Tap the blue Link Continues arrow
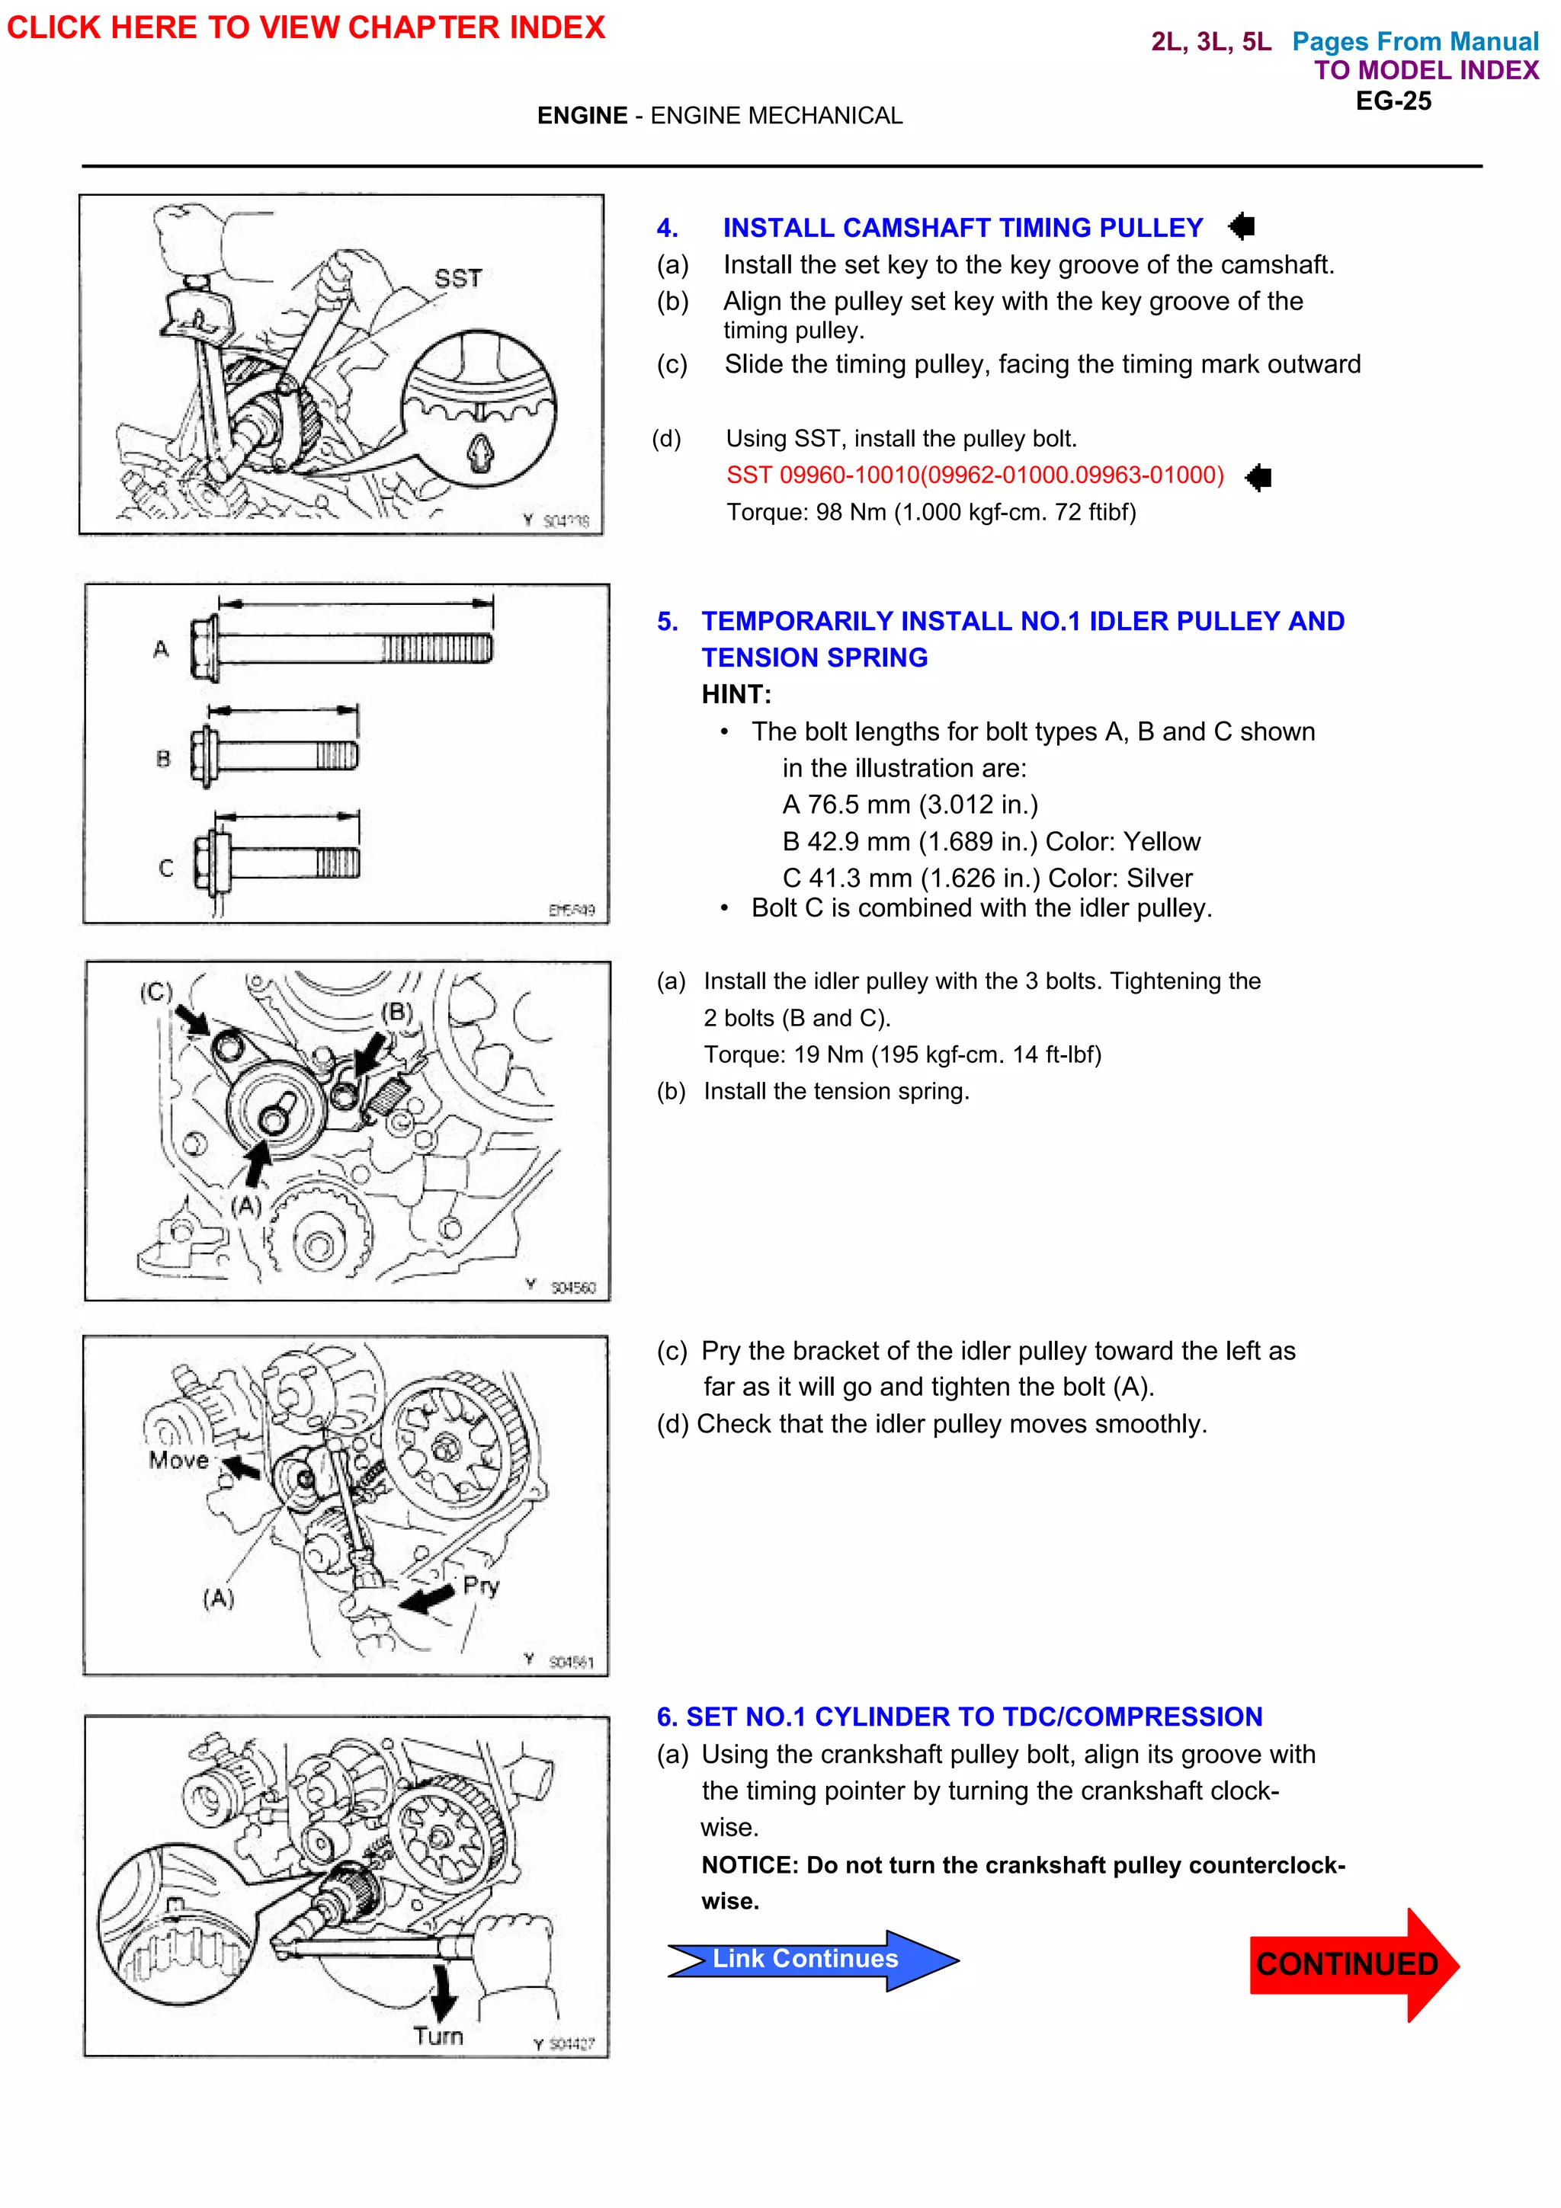point(806,1959)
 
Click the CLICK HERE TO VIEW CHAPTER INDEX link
point(306,27)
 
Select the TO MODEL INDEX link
point(1425,70)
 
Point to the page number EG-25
point(1393,101)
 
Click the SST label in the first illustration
point(458,279)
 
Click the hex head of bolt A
point(204,650)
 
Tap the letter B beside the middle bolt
point(164,759)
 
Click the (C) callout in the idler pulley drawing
point(155,991)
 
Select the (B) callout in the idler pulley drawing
point(396,1012)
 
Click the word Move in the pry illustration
point(179,1460)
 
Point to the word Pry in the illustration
point(481,1585)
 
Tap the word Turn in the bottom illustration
point(438,2036)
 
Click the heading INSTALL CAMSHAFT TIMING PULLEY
point(963,228)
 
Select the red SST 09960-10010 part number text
point(974,475)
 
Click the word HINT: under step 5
point(736,694)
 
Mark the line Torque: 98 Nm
point(931,511)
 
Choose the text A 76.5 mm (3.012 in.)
point(910,804)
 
